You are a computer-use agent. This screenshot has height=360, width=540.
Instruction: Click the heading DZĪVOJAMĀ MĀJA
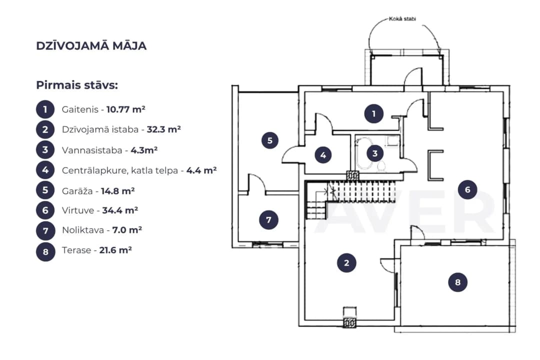pos(91,46)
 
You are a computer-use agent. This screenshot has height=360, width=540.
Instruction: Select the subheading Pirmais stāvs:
pos(77,85)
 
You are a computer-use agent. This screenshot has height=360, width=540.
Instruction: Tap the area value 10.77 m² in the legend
pos(125,109)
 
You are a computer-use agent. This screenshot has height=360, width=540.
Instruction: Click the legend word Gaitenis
pos(80,109)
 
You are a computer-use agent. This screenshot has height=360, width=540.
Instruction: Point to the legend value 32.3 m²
pos(163,129)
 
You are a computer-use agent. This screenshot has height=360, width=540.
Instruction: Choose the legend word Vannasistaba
pos(92,150)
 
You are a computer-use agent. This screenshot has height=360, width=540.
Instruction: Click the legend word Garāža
pos(77,191)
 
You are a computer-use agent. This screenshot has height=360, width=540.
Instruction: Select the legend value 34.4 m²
pos(120,210)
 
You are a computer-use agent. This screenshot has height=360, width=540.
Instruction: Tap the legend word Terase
pos(76,250)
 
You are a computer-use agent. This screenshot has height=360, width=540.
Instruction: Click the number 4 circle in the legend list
pos(45,170)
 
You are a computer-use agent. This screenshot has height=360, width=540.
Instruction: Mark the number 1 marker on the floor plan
pos(373,113)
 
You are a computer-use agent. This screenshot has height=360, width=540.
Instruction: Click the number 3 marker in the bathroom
pos(375,153)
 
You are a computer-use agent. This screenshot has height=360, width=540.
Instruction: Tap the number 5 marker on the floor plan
pos(269,140)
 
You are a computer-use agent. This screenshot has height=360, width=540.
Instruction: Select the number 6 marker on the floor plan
pos(467,189)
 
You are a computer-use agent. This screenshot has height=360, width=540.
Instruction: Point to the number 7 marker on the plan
pos(268,220)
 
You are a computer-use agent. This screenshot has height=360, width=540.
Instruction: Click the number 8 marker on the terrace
pos(457,282)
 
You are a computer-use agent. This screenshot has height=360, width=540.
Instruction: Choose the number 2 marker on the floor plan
pos(346,263)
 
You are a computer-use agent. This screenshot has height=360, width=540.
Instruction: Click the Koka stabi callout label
pos(402,19)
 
